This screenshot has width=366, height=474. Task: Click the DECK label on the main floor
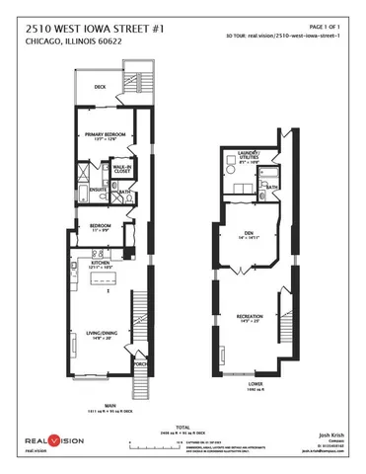[x=100, y=87]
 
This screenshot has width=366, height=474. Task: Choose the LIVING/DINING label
[x=101, y=336]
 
